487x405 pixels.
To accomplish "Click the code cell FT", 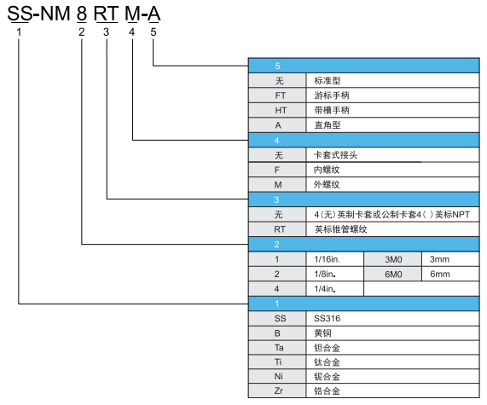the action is coord(277,95).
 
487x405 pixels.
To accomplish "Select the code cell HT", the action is coord(277,110).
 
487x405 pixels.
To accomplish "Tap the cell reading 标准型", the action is coord(392,80).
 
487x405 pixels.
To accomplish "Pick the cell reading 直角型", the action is coord(392,125).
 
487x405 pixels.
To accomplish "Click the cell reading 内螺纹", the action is coord(392,170).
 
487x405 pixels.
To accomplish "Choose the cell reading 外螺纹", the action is coord(392,185).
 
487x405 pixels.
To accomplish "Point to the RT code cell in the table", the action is coord(277,229).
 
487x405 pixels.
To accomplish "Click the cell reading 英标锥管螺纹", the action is coord(392,229).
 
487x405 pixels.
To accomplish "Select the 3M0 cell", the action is coord(392,259).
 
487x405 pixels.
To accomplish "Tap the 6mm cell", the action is coord(450,275).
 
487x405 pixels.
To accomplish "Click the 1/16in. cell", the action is coord(335,259).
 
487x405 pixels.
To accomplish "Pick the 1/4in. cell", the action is coord(335,289).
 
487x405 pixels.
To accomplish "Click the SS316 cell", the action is coord(392,318).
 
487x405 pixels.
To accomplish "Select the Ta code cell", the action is coord(277,348).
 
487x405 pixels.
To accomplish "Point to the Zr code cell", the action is coord(277,391).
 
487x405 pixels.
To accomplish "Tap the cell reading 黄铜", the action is coord(392,333).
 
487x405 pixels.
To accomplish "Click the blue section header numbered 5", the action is coord(363,66).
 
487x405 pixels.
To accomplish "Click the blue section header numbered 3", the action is coord(363,200).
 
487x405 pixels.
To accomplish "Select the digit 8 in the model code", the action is coord(82,14).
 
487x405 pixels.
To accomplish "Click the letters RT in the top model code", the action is coord(106,14).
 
